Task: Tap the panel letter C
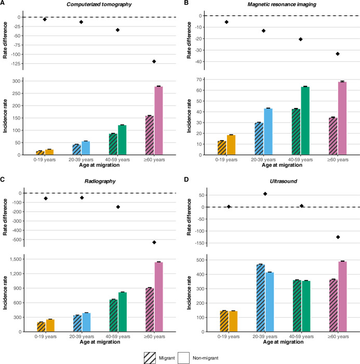[x=4, y=182]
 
